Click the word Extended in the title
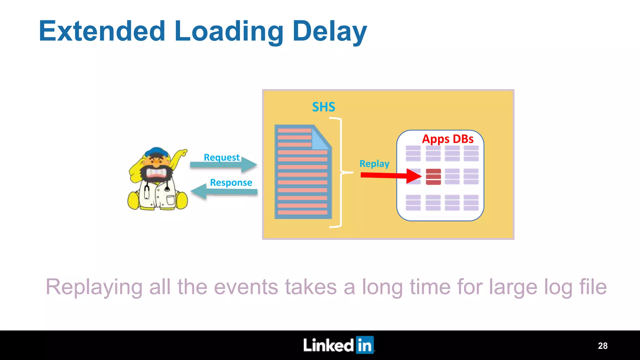pos(102,31)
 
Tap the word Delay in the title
pos(330,31)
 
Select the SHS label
pos(323,107)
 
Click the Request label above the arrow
pos(222,157)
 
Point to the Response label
pos(231,182)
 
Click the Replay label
pos(374,164)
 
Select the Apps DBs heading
pos(447,139)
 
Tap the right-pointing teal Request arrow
pos(223,165)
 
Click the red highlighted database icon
pos(433,177)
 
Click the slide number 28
pos(602,346)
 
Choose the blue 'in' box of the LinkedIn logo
pos(365,345)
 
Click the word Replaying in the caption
pos(94,287)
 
